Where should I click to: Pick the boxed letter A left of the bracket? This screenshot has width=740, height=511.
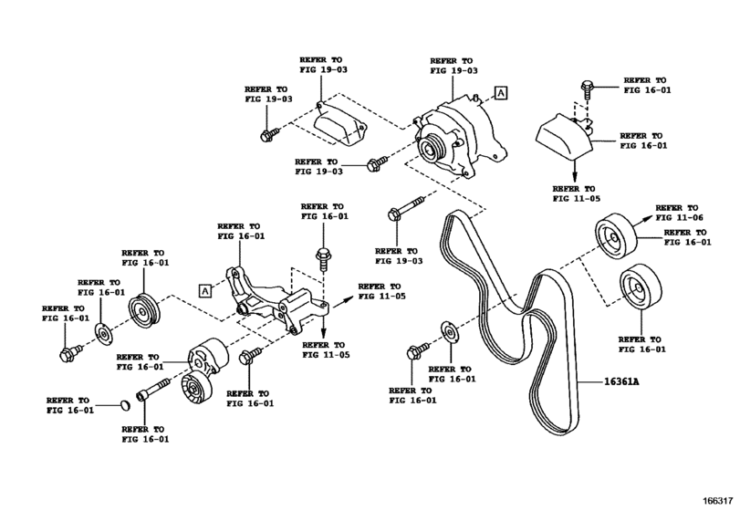[x=205, y=291]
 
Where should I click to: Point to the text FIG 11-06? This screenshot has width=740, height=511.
[x=680, y=219]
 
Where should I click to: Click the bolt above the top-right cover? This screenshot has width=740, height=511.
[x=586, y=89]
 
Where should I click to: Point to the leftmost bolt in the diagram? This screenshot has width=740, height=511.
[x=67, y=352]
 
